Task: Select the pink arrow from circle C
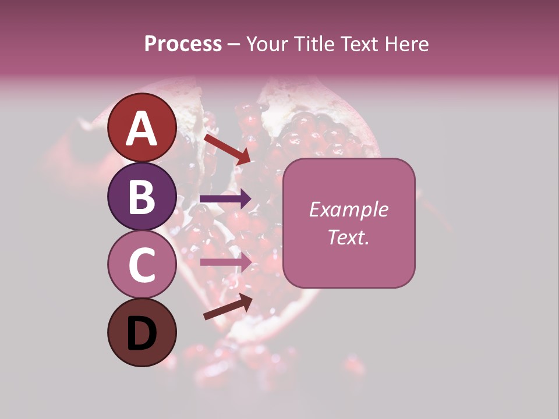pyautogui.click(x=226, y=262)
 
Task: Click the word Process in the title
pyautogui.click(x=183, y=44)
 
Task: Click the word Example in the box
pyautogui.click(x=348, y=210)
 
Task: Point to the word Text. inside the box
pyautogui.click(x=348, y=237)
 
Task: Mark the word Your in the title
pyautogui.click(x=266, y=44)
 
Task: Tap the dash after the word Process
pyautogui.click(x=233, y=45)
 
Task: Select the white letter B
pyautogui.click(x=141, y=197)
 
